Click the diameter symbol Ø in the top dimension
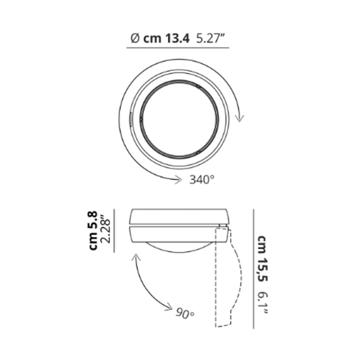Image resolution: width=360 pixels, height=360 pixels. pyautogui.click(x=134, y=39)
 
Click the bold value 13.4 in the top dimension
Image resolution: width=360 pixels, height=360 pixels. pyautogui.click(x=177, y=39)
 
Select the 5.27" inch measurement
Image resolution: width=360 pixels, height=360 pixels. pyautogui.click(x=211, y=39)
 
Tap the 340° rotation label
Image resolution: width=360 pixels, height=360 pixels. pyautogui.click(x=202, y=179)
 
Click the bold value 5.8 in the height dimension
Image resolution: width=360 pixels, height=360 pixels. pyautogui.click(x=93, y=220)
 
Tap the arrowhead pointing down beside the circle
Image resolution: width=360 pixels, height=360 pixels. pyautogui.click(x=239, y=119)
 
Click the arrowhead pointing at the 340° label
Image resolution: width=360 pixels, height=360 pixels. pyautogui.click(x=178, y=179)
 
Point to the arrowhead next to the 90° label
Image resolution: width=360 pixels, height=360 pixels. pyautogui.click(x=169, y=307)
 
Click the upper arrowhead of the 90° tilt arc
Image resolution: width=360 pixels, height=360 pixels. pyautogui.click(x=135, y=256)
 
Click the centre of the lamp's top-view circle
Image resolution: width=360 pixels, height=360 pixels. pyautogui.click(x=179, y=119)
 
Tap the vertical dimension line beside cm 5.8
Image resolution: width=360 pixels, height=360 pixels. pyautogui.click(x=114, y=230)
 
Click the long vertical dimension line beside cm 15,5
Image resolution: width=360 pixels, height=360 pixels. pyautogui.click(x=254, y=268)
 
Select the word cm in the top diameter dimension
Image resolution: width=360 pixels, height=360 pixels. pyautogui.click(x=152, y=39)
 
